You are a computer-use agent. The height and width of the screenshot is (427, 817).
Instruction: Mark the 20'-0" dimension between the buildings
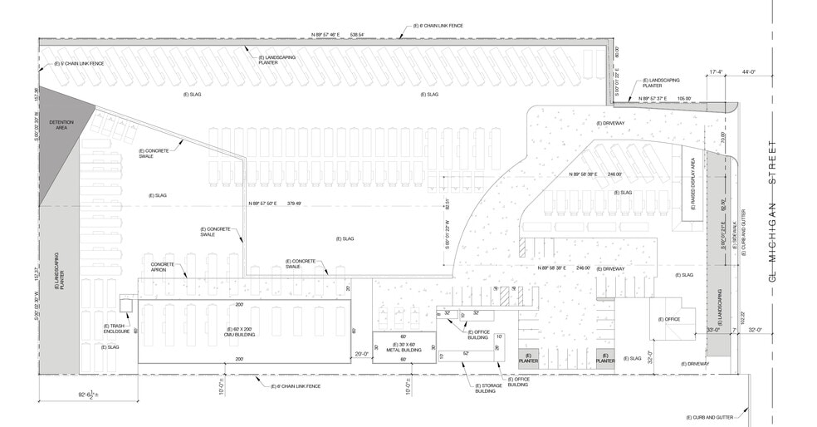click(x=362, y=353)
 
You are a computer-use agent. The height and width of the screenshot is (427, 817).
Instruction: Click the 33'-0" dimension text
click(x=712, y=331)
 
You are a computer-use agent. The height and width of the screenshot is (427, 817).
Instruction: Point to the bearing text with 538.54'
click(x=338, y=35)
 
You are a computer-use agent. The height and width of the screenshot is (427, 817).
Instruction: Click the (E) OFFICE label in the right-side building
click(x=669, y=320)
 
